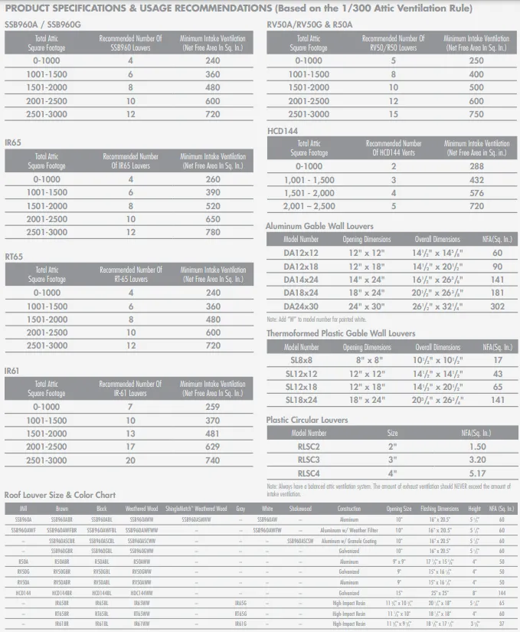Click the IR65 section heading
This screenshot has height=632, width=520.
pos(12,142)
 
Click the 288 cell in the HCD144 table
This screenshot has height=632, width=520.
pos(476,165)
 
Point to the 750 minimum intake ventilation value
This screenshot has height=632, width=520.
pos(476,114)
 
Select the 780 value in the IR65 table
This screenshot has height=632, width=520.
pos(212,232)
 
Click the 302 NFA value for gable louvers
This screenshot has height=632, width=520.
pos(497,306)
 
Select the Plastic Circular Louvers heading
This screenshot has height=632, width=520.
pos(306,420)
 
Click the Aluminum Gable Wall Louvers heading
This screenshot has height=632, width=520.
pos(319,227)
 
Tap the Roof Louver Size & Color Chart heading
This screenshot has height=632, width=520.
pos(60,495)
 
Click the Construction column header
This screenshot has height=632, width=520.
pos(349,509)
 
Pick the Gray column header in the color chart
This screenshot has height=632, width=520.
pos(240,509)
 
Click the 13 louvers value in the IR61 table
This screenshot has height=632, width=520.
pos(131,434)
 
